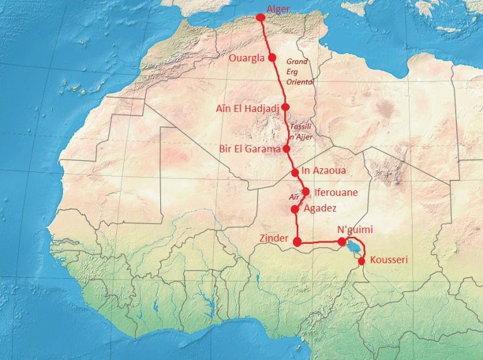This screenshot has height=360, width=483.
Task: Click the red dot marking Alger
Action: tap(260, 18)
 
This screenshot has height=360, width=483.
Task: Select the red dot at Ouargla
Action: tap(272, 57)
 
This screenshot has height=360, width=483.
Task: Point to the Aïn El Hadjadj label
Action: tap(247, 107)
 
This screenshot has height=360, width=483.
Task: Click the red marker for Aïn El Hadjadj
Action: tap(285, 107)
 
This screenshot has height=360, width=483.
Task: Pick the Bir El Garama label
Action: tap(249, 149)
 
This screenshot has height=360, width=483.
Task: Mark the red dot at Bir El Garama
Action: tap(286, 149)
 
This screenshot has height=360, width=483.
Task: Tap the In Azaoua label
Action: tap(324, 171)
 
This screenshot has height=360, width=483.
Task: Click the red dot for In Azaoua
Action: tap(294, 172)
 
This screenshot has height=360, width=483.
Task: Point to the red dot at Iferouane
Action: tap(306, 192)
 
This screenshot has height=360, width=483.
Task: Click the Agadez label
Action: tap(320, 208)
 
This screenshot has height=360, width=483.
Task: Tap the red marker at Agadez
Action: tap(294, 209)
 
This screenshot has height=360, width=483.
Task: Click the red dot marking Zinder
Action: tap(297, 241)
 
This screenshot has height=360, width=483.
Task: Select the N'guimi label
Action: tap(359, 229)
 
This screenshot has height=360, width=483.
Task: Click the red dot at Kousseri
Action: tap(361, 261)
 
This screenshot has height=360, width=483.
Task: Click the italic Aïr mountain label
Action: tap(294, 197)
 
